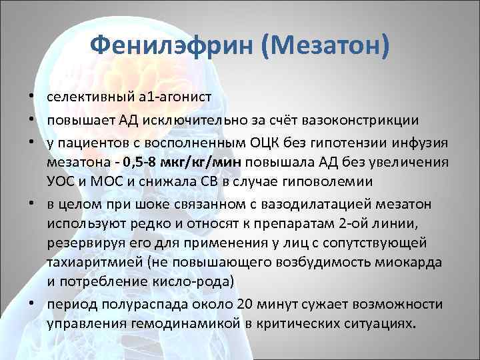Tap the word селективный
tap(89, 97)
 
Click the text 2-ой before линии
tap(355, 223)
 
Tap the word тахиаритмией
tap(84, 262)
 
